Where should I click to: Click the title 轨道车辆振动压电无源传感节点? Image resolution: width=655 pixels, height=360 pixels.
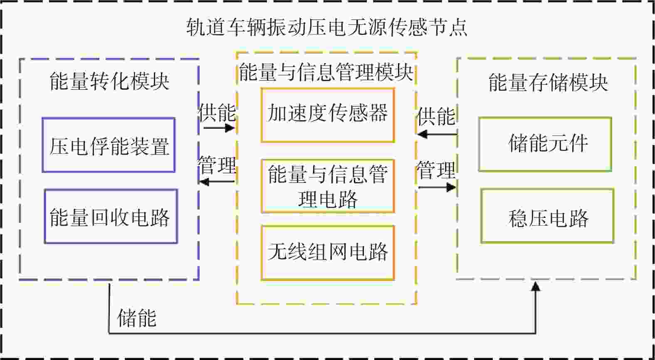(327, 27)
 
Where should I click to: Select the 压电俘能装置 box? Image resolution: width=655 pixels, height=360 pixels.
(109, 145)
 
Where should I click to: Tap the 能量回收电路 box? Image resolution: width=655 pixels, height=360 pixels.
(111, 217)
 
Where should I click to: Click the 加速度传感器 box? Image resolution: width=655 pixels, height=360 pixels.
(328, 115)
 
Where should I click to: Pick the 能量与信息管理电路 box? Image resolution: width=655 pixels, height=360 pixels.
(328, 186)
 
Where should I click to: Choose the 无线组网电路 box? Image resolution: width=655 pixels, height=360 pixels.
(328, 253)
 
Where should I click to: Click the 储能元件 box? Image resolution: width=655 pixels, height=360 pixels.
(545, 144)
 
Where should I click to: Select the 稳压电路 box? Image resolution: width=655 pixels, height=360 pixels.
(547, 216)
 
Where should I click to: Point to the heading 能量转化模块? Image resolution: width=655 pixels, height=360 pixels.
(109, 81)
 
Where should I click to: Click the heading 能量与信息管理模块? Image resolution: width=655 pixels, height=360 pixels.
(326, 72)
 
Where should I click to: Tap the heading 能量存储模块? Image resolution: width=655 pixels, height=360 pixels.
(547, 82)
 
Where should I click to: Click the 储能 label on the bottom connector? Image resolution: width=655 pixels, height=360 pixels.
(137, 318)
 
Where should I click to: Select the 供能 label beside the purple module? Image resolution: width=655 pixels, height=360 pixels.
(217, 112)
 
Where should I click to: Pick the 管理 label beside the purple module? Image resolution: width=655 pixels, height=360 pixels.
(217, 165)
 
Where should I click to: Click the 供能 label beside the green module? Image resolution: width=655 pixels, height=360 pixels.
(436, 116)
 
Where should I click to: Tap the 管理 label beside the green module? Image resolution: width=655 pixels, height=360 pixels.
(436, 170)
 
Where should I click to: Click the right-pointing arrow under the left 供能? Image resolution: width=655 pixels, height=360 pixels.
(219, 127)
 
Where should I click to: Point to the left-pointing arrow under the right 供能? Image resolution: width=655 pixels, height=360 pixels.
(436, 134)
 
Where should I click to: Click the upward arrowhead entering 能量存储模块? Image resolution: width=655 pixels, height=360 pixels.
(536, 286)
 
